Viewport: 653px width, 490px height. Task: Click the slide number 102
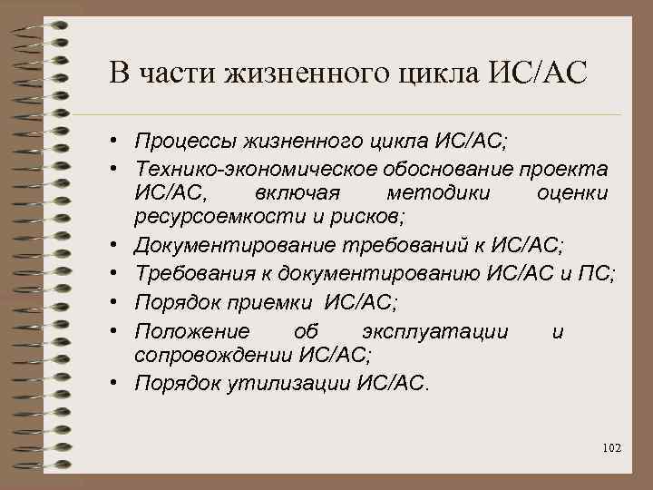610,448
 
